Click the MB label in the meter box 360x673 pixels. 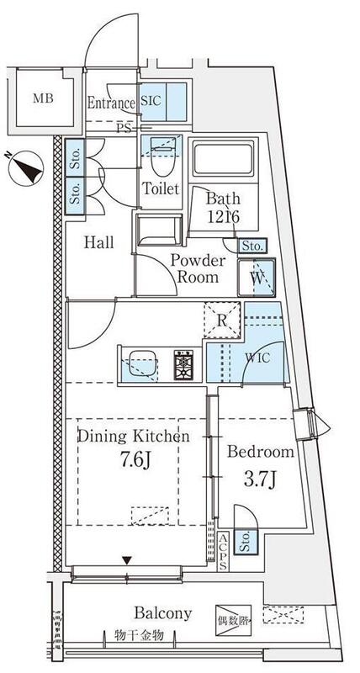pos(44,98)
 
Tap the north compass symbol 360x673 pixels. pos(26,167)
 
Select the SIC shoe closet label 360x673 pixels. pos(151,100)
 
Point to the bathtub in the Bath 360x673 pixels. pos(223,159)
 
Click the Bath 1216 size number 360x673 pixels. pos(223,216)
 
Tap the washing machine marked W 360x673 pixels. pos(257,278)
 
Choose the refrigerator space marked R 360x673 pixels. pos(222,321)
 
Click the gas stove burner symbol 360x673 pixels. pos(183,365)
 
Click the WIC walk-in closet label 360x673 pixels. pos(258,358)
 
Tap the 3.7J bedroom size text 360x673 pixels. pos(260,479)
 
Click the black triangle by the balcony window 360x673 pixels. pos(126,560)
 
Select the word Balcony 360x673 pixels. pos(162,613)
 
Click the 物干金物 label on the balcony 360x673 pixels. pos(139,635)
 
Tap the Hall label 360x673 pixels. pos(98,242)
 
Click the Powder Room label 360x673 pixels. pos(198,268)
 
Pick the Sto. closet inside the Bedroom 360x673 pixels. pos(246,542)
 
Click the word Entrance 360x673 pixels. pos(111,103)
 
